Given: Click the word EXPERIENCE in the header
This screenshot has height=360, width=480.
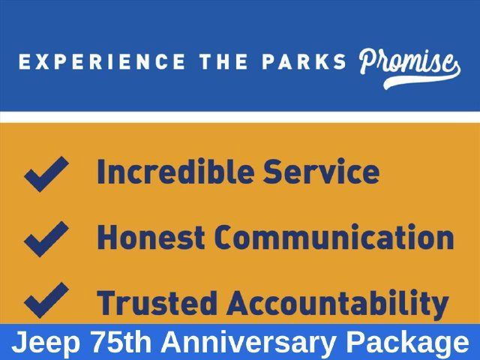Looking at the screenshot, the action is coord(102,61).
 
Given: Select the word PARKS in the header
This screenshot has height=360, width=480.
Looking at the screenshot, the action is coord(304,61).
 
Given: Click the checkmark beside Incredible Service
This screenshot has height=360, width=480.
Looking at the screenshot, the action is coord(46,174).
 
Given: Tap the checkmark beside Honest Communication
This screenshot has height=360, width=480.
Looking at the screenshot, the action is coord(46,239).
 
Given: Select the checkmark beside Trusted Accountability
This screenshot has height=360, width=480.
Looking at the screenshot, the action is coord(46,300).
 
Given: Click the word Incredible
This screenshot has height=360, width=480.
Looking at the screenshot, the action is coord(175,172).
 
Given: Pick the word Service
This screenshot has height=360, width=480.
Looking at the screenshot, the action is coord(322,172).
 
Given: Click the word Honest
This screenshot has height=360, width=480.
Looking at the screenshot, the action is coord(151,237).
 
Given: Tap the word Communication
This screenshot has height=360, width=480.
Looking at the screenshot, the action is coord(334,237).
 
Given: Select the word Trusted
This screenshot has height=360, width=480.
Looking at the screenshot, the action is coord(157,302).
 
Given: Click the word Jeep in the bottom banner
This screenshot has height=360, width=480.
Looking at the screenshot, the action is coord(46,342).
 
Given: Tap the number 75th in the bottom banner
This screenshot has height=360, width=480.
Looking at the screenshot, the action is coord(121,341).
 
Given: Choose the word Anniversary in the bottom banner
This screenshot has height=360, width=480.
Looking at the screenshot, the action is coord(249,343).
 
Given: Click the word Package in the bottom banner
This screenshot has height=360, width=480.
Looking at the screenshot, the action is coord(407,343).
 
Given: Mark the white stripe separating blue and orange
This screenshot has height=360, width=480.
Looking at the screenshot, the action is coord(240,117).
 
